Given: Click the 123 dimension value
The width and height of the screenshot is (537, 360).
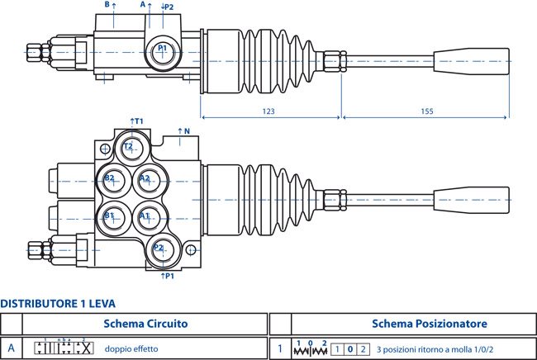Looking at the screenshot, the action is coord(268,111).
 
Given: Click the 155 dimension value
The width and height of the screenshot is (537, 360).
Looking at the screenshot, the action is coord(427,111).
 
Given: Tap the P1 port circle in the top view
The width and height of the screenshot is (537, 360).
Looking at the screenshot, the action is coord(163,52).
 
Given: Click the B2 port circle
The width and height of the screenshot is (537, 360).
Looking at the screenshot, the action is coord(113,181).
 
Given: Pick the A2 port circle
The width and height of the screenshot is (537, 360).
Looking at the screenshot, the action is coord(150,181).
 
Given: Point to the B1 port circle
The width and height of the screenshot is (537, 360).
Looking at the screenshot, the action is coord(113,218).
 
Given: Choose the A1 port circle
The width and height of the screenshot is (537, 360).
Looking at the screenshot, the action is coord(150,218).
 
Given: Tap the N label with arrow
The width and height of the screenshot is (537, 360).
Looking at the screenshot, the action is coord(183,131).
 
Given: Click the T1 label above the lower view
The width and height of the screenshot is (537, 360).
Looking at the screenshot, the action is coord(136,121).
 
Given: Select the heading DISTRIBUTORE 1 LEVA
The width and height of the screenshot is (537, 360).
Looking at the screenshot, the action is coord(58,304).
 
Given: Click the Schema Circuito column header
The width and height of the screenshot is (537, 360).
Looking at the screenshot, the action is coord(145,324).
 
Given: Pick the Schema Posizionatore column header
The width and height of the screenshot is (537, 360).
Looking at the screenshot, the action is coord(430,324).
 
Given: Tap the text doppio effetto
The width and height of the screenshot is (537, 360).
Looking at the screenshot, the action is coord(131,349).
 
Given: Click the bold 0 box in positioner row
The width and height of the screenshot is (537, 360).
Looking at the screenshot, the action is coord(350,349).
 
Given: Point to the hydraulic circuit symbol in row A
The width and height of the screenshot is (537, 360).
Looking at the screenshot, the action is coord(64,348).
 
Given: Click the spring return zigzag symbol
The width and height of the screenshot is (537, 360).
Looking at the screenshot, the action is coord(311,351).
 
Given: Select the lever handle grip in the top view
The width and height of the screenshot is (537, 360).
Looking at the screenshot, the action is coord(471,60).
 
